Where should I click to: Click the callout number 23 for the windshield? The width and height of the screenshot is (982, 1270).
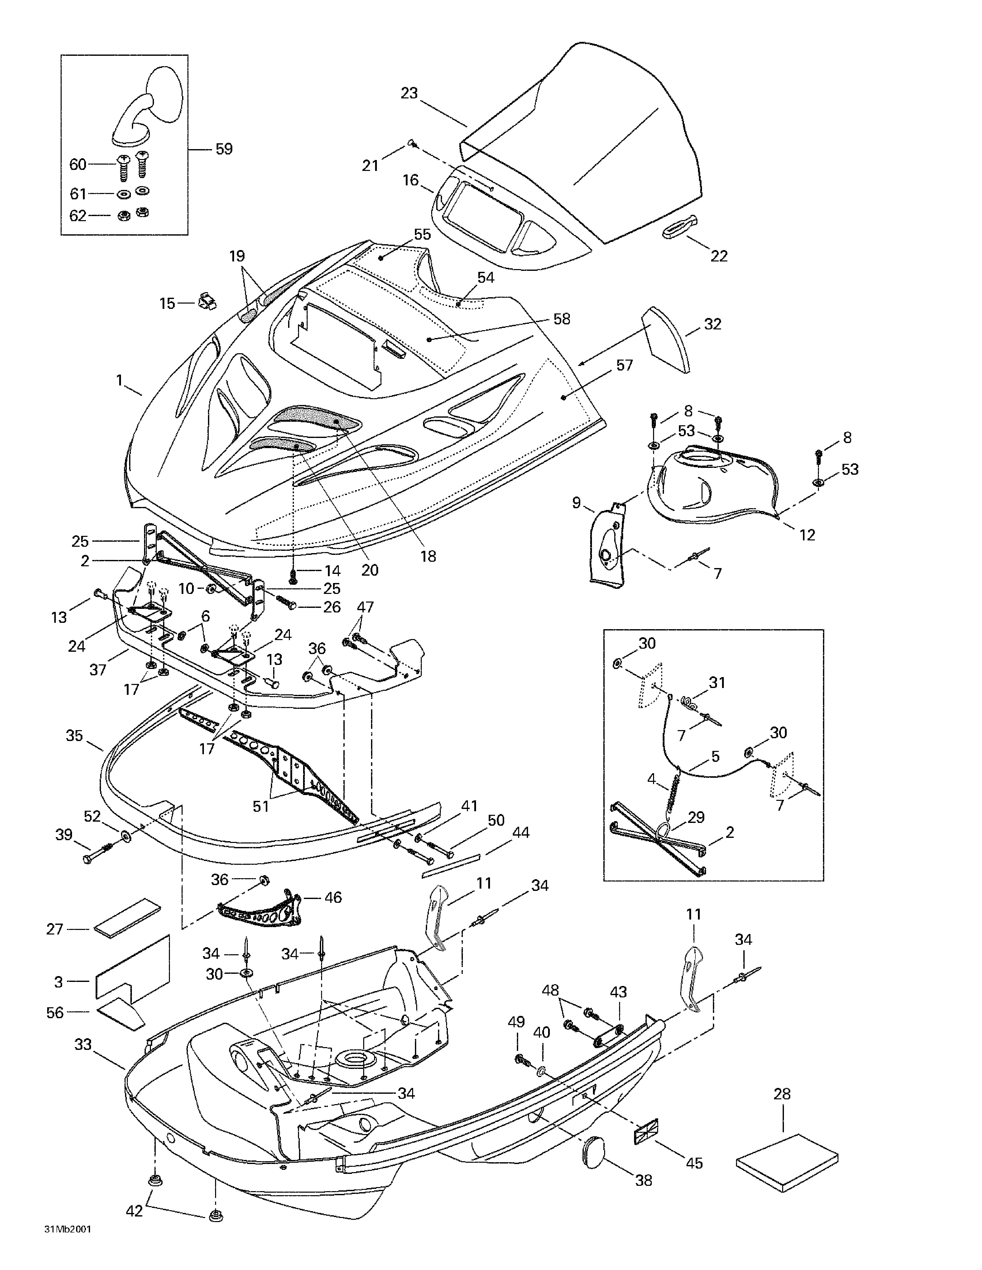[x=409, y=93]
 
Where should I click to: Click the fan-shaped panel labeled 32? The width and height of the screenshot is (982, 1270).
[x=666, y=339]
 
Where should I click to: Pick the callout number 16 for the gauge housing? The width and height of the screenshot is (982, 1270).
[x=410, y=180]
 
